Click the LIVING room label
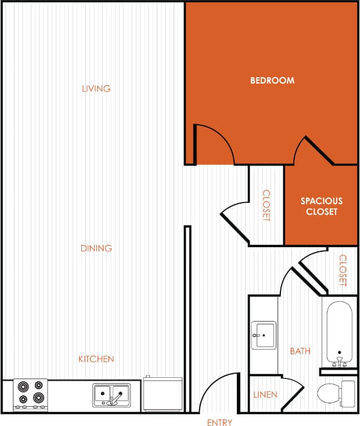pyautogui.click(x=96, y=89)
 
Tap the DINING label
pyautogui.click(x=96, y=248)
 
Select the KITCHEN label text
pyautogui.click(x=96, y=359)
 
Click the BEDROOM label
pyautogui.click(x=272, y=80)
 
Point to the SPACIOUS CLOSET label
pyautogui.click(x=321, y=207)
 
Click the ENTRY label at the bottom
pyautogui.click(x=219, y=423)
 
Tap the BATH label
pyautogui.click(x=300, y=351)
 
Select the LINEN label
pyautogui.click(x=265, y=395)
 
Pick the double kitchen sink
pyautogui.click(x=111, y=395)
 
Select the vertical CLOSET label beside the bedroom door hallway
pyautogui.click(x=266, y=205)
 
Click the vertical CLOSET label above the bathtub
pyautogui.click(x=343, y=270)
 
